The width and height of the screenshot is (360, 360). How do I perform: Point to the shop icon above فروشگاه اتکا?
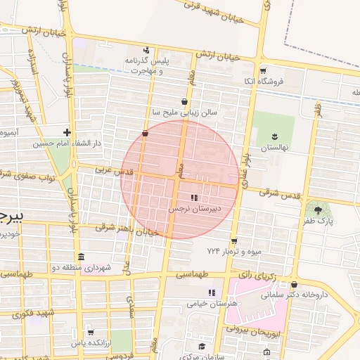tap(264, 70)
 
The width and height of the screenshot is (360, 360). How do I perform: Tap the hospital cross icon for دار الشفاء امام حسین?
tap(67, 131)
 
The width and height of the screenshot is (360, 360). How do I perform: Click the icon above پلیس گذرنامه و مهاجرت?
tap(146, 50)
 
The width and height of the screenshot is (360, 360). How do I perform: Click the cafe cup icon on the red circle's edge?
tap(146, 132)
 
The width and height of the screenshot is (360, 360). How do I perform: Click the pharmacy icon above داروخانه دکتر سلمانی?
tap(294, 285)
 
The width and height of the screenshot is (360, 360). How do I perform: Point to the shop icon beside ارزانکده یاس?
tap(91, 333)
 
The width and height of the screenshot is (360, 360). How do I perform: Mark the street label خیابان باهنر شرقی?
tap(123, 229)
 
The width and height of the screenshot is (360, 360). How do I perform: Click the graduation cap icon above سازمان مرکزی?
tap(202, 346)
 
